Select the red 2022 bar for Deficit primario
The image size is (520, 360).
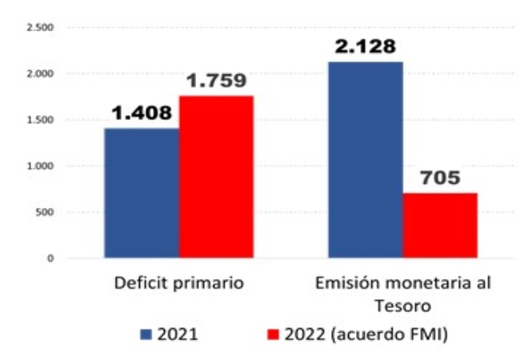(216, 177)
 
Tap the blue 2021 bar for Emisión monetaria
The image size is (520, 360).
(366, 159)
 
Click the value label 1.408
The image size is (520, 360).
(142, 113)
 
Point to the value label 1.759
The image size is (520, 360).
(216, 80)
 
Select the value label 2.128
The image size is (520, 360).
(366, 46)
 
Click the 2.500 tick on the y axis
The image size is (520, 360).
(39, 28)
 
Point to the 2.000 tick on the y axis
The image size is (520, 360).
(39, 74)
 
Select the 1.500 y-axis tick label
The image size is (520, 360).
(39, 120)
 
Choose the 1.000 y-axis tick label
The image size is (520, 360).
(39, 166)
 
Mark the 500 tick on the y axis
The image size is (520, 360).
(44, 212)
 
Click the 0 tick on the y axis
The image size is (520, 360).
(50, 258)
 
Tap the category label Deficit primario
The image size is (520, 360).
(178, 284)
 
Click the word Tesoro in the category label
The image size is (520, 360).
(404, 305)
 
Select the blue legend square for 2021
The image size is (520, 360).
(145, 334)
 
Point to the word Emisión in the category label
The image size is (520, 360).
(342, 284)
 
